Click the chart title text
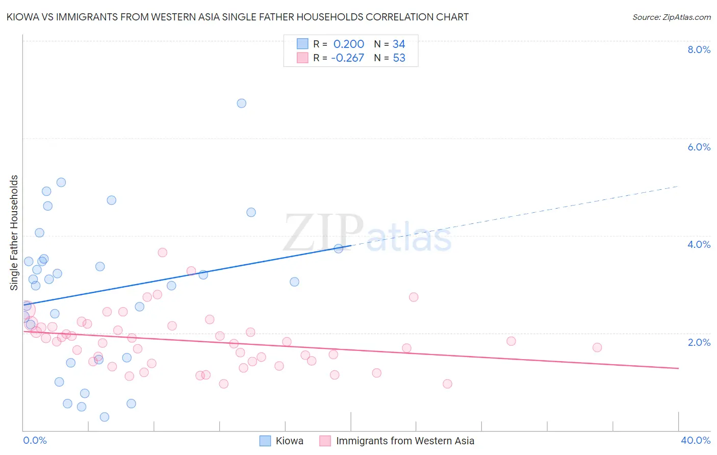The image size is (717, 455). pos(237,17)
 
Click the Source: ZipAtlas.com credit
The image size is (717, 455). pos(671,17)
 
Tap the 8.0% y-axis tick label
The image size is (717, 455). pos(699,49)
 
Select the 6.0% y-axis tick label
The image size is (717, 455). pos(699,147)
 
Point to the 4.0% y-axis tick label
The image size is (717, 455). pos(699,244)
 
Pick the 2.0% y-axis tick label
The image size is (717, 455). pos(699,342)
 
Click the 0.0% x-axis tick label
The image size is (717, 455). pos(35,440)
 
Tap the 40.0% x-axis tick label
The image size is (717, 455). pos(695,440)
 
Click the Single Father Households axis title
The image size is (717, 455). pos(14,233)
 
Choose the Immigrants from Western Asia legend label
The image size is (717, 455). pos(405,441)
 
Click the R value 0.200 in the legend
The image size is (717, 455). pos(349,44)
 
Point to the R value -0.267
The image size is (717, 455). pos(347,58)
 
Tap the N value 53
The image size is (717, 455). pos(399,58)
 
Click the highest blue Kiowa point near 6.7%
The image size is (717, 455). pos(242,103)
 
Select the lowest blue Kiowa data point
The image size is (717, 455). pos(105,417)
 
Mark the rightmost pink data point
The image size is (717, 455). pos(597,347)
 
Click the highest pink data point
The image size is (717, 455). pos(163,252)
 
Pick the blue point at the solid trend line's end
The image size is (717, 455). pos(338,248)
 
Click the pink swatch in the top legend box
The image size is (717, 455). pos(302,58)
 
